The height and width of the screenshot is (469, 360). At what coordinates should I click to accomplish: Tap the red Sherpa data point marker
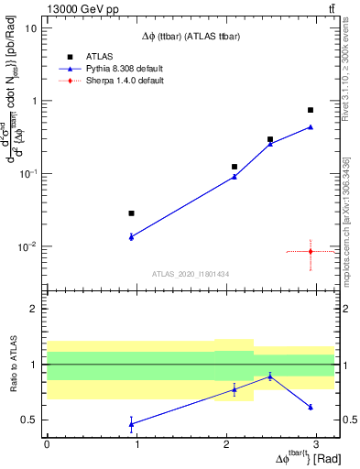311,251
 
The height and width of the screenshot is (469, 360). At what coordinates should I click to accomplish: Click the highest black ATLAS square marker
311,110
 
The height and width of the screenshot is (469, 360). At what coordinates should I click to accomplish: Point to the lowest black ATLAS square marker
132,213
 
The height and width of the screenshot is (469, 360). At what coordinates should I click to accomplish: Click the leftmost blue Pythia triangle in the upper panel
132,236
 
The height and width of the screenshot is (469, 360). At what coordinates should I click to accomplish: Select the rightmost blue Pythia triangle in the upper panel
311,126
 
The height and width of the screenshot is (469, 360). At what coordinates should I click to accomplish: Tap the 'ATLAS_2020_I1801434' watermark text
190,274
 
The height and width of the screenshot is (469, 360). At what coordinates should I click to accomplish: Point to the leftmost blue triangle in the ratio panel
132,423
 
